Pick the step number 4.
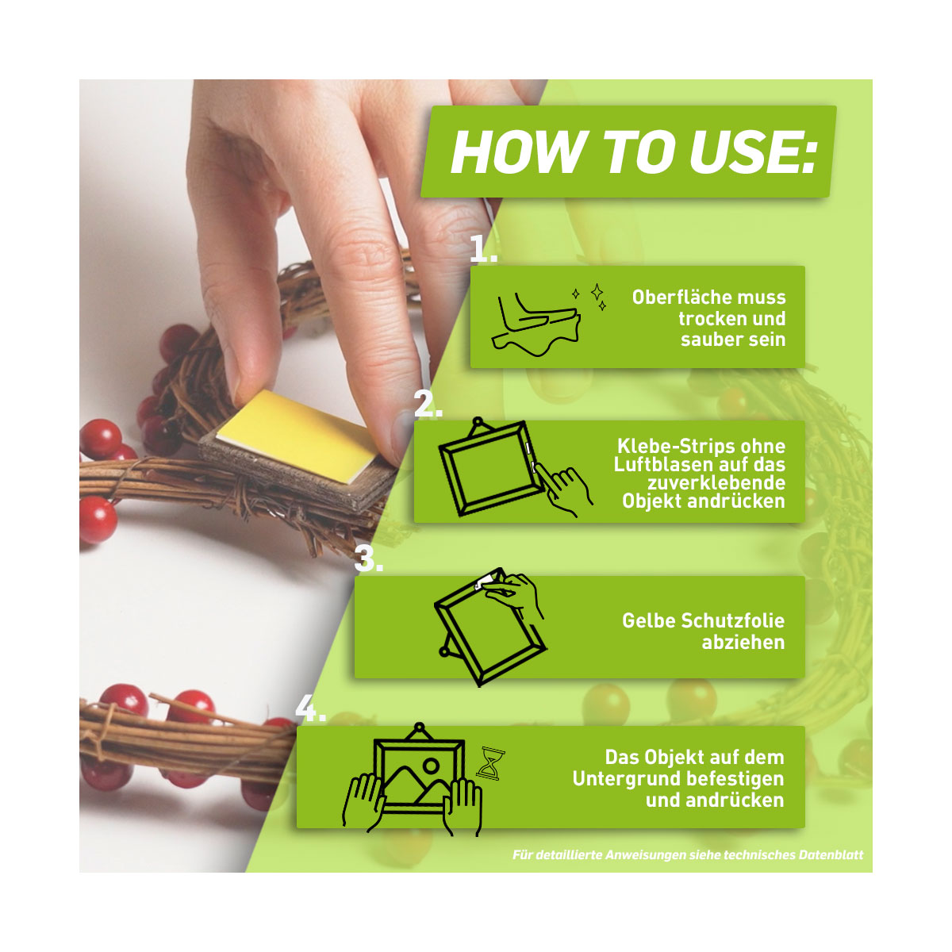point(310,709)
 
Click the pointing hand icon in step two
point(563,489)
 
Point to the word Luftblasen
point(663,464)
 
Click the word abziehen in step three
point(743,643)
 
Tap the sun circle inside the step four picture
point(431,766)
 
